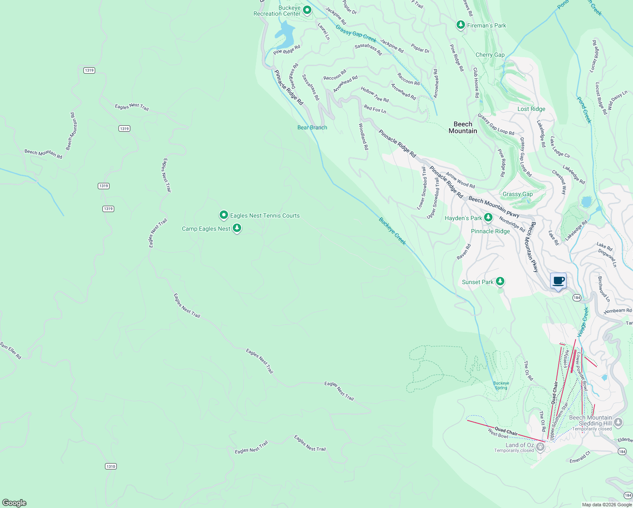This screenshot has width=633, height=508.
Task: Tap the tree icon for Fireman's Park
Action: pyautogui.click(x=461, y=25)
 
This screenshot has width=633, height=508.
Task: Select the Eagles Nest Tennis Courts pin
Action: pyautogui.click(x=223, y=215)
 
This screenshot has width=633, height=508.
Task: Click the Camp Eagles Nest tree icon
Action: pyautogui.click(x=237, y=229)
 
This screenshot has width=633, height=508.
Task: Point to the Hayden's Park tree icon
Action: pyautogui.click(x=488, y=218)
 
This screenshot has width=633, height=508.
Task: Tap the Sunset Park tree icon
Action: pyautogui.click(x=500, y=281)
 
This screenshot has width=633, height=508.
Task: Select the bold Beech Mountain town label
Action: pyautogui.click(x=462, y=127)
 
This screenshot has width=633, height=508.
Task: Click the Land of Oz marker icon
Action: pyautogui.click(x=540, y=447)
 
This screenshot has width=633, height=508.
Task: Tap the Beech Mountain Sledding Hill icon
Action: pyautogui.click(x=618, y=422)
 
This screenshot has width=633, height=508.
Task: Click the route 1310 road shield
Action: pyautogui.click(x=111, y=466)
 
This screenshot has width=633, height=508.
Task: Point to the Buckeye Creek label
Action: pyautogui.click(x=392, y=231)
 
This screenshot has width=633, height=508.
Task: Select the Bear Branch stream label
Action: pyautogui.click(x=312, y=127)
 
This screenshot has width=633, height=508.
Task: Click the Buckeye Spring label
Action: pyautogui.click(x=501, y=385)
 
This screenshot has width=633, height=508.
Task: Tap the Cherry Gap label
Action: pyautogui.click(x=490, y=55)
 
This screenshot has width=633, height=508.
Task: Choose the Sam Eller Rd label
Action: pyautogui.click(x=10, y=351)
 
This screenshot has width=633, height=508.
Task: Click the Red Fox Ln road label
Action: pyautogui.click(x=375, y=109)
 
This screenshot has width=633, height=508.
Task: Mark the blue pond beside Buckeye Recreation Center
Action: pyautogui.click(x=285, y=34)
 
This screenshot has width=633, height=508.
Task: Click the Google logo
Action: pyautogui.click(x=14, y=502)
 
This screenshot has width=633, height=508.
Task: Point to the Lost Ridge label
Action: pyautogui.click(x=531, y=109)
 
